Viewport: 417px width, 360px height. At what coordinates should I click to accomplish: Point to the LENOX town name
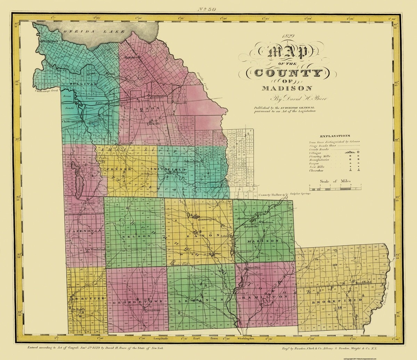click(147, 108)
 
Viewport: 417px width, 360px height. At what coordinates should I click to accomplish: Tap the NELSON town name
click(136, 236)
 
